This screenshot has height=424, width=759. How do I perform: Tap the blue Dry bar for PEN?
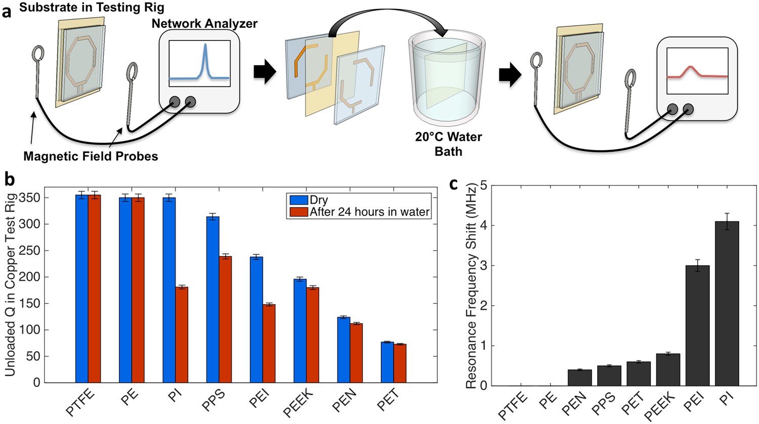(344, 349)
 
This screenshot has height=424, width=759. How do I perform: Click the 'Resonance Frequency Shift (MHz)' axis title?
(472, 286)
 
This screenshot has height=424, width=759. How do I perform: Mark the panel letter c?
(453, 184)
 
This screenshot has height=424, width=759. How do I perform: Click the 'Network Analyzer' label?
(204, 23)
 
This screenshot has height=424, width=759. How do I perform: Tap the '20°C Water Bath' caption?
(448, 144)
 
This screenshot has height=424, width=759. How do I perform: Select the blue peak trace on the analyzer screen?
(199, 68)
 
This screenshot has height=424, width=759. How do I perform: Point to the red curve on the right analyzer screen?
(697, 72)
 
